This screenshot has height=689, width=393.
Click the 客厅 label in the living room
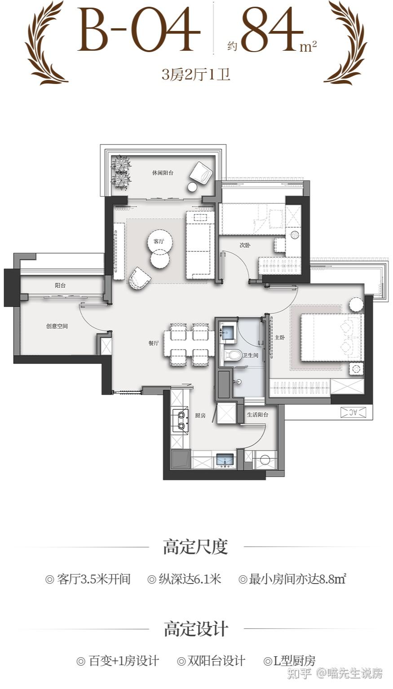point(159,241)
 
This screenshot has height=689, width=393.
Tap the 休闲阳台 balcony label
point(163,173)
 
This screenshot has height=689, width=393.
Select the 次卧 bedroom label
point(245,246)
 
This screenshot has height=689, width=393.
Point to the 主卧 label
point(280,338)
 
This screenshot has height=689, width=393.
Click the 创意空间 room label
point(57,326)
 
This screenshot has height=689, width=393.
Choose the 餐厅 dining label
point(154,343)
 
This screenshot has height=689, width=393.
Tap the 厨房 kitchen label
point(200,416)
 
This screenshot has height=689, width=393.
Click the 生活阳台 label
point(258,415)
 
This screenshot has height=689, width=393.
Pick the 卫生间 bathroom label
point(251,355)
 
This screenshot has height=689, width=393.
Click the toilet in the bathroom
point(232,355)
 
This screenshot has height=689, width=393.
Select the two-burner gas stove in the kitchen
point(181,420)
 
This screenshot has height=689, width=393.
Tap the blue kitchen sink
point(226,461)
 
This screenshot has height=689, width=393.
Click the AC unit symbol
point(353,412)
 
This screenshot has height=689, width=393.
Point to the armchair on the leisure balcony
point(201,173)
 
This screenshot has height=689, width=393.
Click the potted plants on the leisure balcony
point(121,172)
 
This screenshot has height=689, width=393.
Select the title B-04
point(138,30)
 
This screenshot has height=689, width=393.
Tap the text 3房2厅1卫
point(196,75)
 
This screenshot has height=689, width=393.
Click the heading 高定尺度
point(196,547)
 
